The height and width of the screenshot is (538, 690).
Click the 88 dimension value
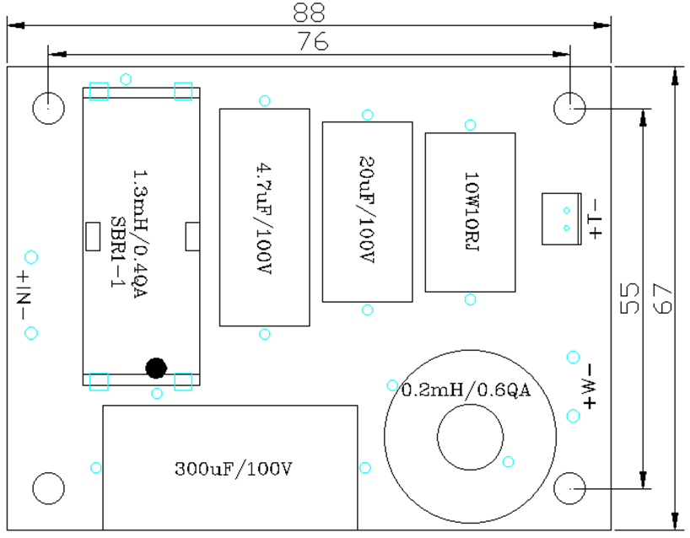point(310,12)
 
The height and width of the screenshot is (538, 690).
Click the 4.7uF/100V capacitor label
point(264,217)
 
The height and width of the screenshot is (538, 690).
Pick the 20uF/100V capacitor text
point(367,211)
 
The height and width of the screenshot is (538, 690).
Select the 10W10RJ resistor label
point(471,212)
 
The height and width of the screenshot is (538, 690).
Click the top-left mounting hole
point(48,107)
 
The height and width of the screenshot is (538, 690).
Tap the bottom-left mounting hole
point(48,488)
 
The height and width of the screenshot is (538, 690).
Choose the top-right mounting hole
point(570,107)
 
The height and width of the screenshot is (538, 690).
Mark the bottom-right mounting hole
point(570,488)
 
